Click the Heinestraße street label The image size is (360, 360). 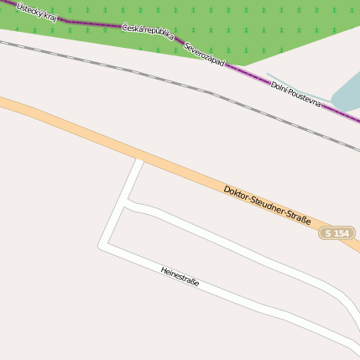point(180,276)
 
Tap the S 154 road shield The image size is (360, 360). point(337,232)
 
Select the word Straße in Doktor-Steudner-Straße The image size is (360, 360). point(299,219)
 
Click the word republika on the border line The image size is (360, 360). point(159,34)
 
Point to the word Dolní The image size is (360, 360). point(282,89)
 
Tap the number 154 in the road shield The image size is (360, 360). point(341,232)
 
